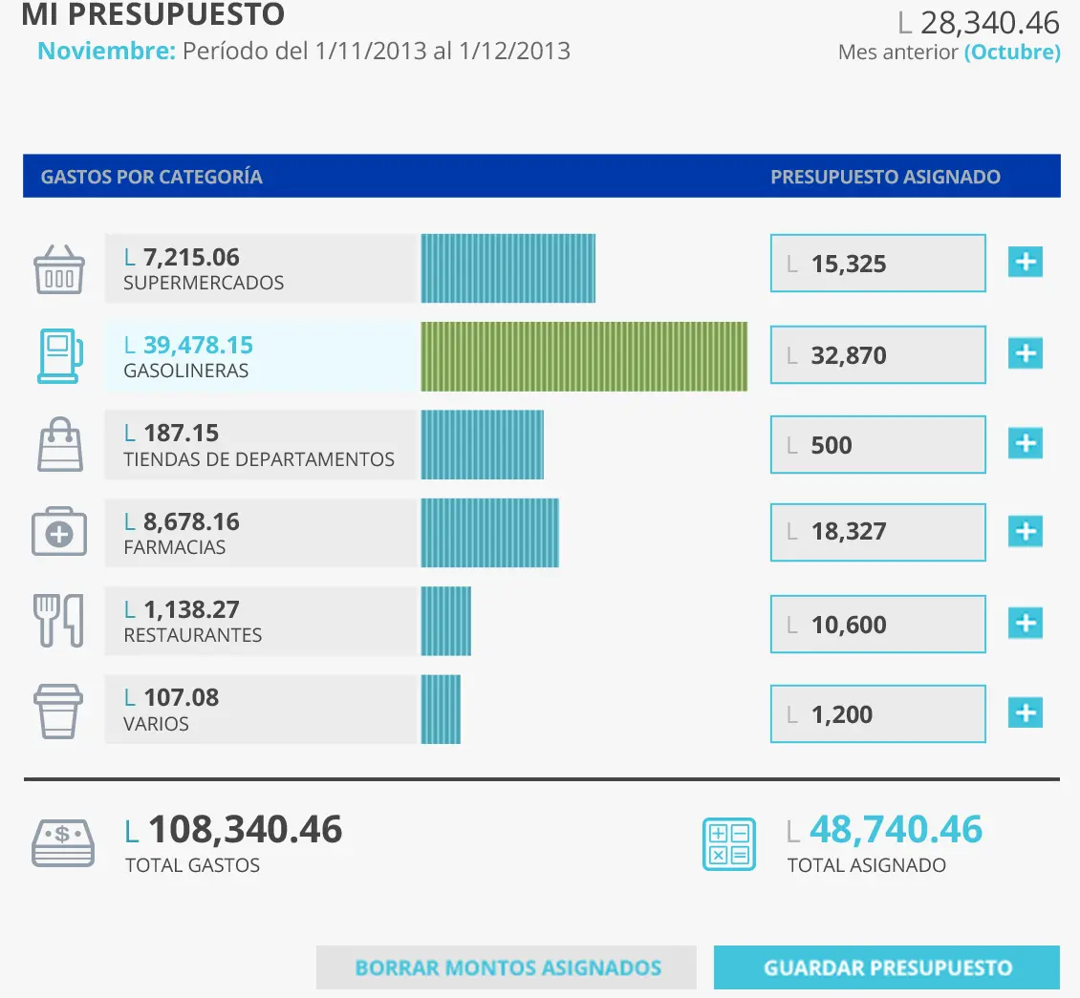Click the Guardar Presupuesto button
(x=886, y=967)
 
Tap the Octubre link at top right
(x=1012, y=53)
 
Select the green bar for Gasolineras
(x=584, y=356)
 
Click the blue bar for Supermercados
(x=508, y=268)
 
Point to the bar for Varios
(x=441, y=710)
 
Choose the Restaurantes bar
(x=446, y=621)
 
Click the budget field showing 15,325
(x=877, y=264)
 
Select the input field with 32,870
(x=877, y=355)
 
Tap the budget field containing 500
(x=877, y=445)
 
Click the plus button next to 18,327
(x=1026, y=531)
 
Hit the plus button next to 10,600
(x=1026, y=624)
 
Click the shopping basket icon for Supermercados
(x=59, y=269)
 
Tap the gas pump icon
(x=59, y=356)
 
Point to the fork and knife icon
(x=59, y=621)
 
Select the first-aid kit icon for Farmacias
(x=59, y=533)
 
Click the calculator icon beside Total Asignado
(x=728, y=843)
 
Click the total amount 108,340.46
(x=245, y=830)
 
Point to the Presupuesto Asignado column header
(x=885, y=177)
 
